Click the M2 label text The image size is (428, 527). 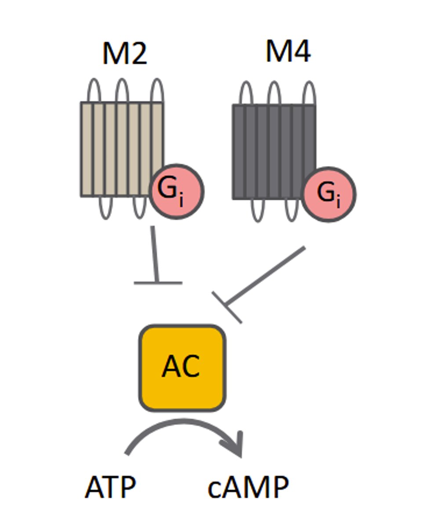124,54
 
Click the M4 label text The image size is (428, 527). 288,52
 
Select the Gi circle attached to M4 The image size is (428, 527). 329,194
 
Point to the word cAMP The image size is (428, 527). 248,487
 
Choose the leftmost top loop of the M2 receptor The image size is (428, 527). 94,90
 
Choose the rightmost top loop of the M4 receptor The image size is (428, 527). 309,92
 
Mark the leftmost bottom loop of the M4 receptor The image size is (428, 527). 258,211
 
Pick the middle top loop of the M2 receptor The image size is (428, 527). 122,90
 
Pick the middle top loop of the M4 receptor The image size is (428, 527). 274,92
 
